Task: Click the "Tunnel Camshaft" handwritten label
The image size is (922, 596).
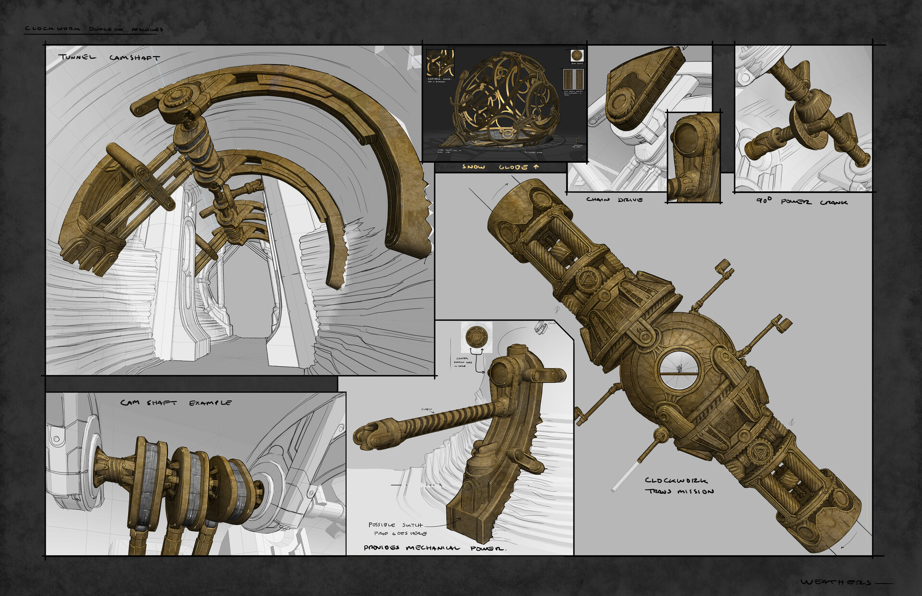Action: (109, 57)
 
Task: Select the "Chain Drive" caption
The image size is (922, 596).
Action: (614, 200)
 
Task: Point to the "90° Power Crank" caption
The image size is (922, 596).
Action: (801, 202)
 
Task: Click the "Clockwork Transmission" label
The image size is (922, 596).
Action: (679, 486)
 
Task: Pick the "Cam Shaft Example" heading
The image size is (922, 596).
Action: (176, 403)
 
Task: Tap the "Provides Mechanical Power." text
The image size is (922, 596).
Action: (435, 548)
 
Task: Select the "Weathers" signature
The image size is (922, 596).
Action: (836, 582)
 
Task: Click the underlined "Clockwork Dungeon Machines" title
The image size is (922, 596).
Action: (94, 29)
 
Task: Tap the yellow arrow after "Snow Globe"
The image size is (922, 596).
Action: (536, 167)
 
